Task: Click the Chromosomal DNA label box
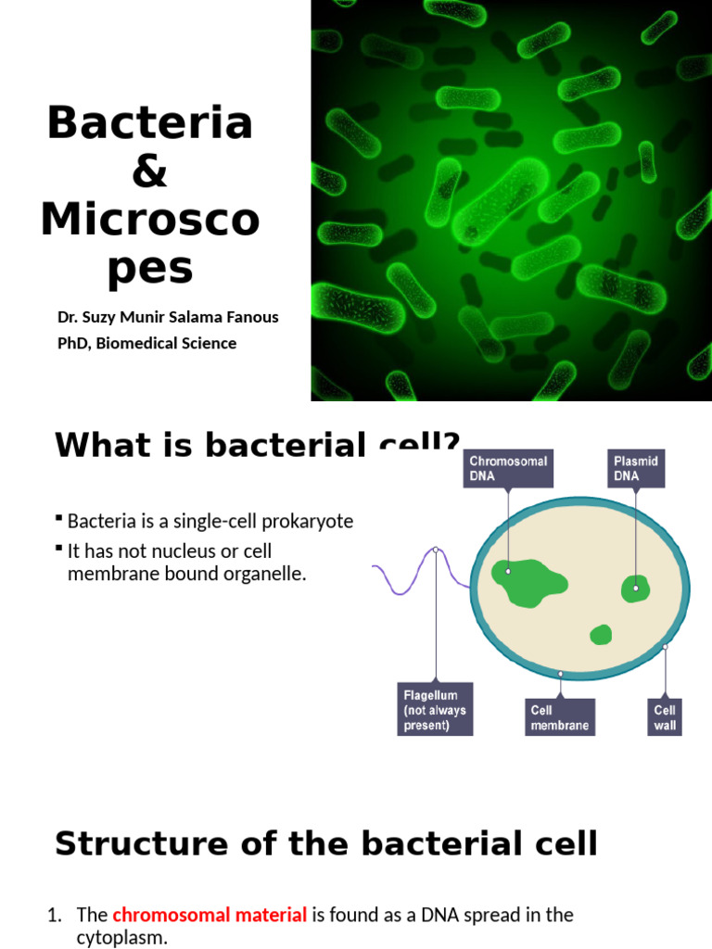point(508,468)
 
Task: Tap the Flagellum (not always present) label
point(435,709)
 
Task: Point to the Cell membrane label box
point(559,716)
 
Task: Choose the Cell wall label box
point(665,716)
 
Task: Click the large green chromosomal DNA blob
point(529,582)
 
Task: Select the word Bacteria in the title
point(150,122)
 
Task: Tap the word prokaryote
point(307,521)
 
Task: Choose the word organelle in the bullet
point(265,574)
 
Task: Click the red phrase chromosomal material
point(210,915)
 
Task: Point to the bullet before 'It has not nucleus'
point(59,549)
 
